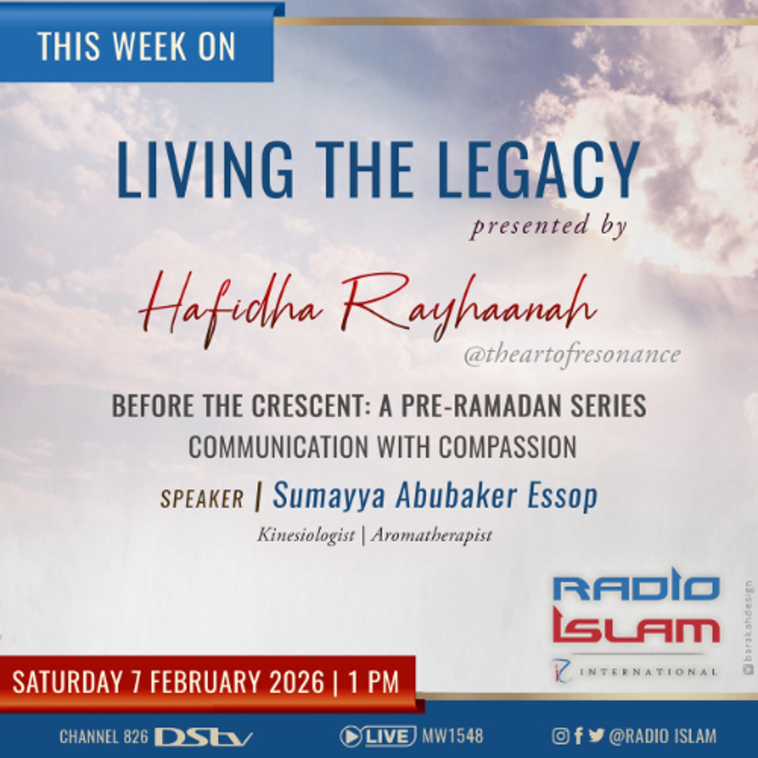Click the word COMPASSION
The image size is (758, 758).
pyautogui.click(x=507, y=447)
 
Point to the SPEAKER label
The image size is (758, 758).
pyautogui.click(x=202, y=499)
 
